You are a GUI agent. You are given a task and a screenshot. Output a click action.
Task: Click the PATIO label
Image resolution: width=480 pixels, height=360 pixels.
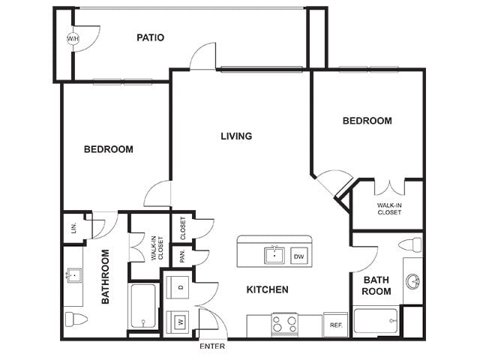151,37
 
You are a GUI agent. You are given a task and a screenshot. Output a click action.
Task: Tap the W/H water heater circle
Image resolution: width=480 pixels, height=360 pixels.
73,38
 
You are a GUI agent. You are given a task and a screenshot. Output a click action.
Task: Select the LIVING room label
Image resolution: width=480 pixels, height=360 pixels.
236,136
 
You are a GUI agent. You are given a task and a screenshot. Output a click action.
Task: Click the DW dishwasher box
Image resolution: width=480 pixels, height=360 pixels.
299,256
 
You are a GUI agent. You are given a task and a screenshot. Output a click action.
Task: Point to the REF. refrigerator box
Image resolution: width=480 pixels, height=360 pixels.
336,325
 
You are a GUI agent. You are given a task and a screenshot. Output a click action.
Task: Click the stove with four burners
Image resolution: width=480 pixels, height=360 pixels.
284,325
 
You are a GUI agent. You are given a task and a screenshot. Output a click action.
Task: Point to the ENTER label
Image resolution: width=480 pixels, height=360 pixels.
211,346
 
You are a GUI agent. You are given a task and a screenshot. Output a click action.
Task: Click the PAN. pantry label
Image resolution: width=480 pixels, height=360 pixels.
182,256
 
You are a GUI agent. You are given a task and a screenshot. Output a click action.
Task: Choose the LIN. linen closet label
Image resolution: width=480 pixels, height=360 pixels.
73,227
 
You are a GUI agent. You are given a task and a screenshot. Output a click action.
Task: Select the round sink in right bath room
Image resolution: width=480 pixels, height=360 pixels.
412,282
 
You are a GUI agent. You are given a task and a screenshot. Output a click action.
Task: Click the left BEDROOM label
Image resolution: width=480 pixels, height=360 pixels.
109,149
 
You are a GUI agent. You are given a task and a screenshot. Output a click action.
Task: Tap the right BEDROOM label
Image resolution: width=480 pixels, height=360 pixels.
367,121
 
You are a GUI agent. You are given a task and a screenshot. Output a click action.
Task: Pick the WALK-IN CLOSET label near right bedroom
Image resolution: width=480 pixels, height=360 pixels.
388,208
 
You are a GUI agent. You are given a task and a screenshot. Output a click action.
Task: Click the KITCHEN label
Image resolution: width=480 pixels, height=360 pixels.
267,289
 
